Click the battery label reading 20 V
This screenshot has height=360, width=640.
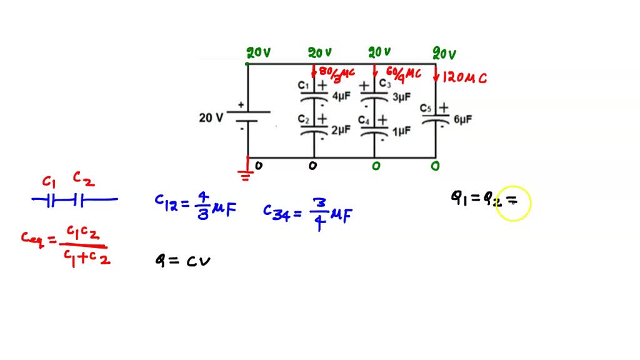pyautogui.click(x=211, y=117)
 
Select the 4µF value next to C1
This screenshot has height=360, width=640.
pyautogui.click(x=341, y=97)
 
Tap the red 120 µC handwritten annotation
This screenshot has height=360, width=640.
pyautogui.click(x=464, y=77)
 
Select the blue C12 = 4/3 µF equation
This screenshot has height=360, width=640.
pyautogui.click(x=196, y=205)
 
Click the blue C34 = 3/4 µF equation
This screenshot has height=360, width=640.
pyautogui.click(x=307, y=214)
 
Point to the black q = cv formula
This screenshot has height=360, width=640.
pyautogui.click(x=182, y=261)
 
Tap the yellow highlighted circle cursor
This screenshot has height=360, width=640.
pyautogui.click(x=513, y=202)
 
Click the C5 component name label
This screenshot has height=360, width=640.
pyautogui.click(x=426, y=109)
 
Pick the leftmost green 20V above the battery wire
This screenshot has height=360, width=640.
pyautogui.click(x=258, y=53)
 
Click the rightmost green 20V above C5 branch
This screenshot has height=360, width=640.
pyautogui.click(x=445, y=54)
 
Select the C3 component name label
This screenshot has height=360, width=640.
pyautogui.click(x=385, y=84)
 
